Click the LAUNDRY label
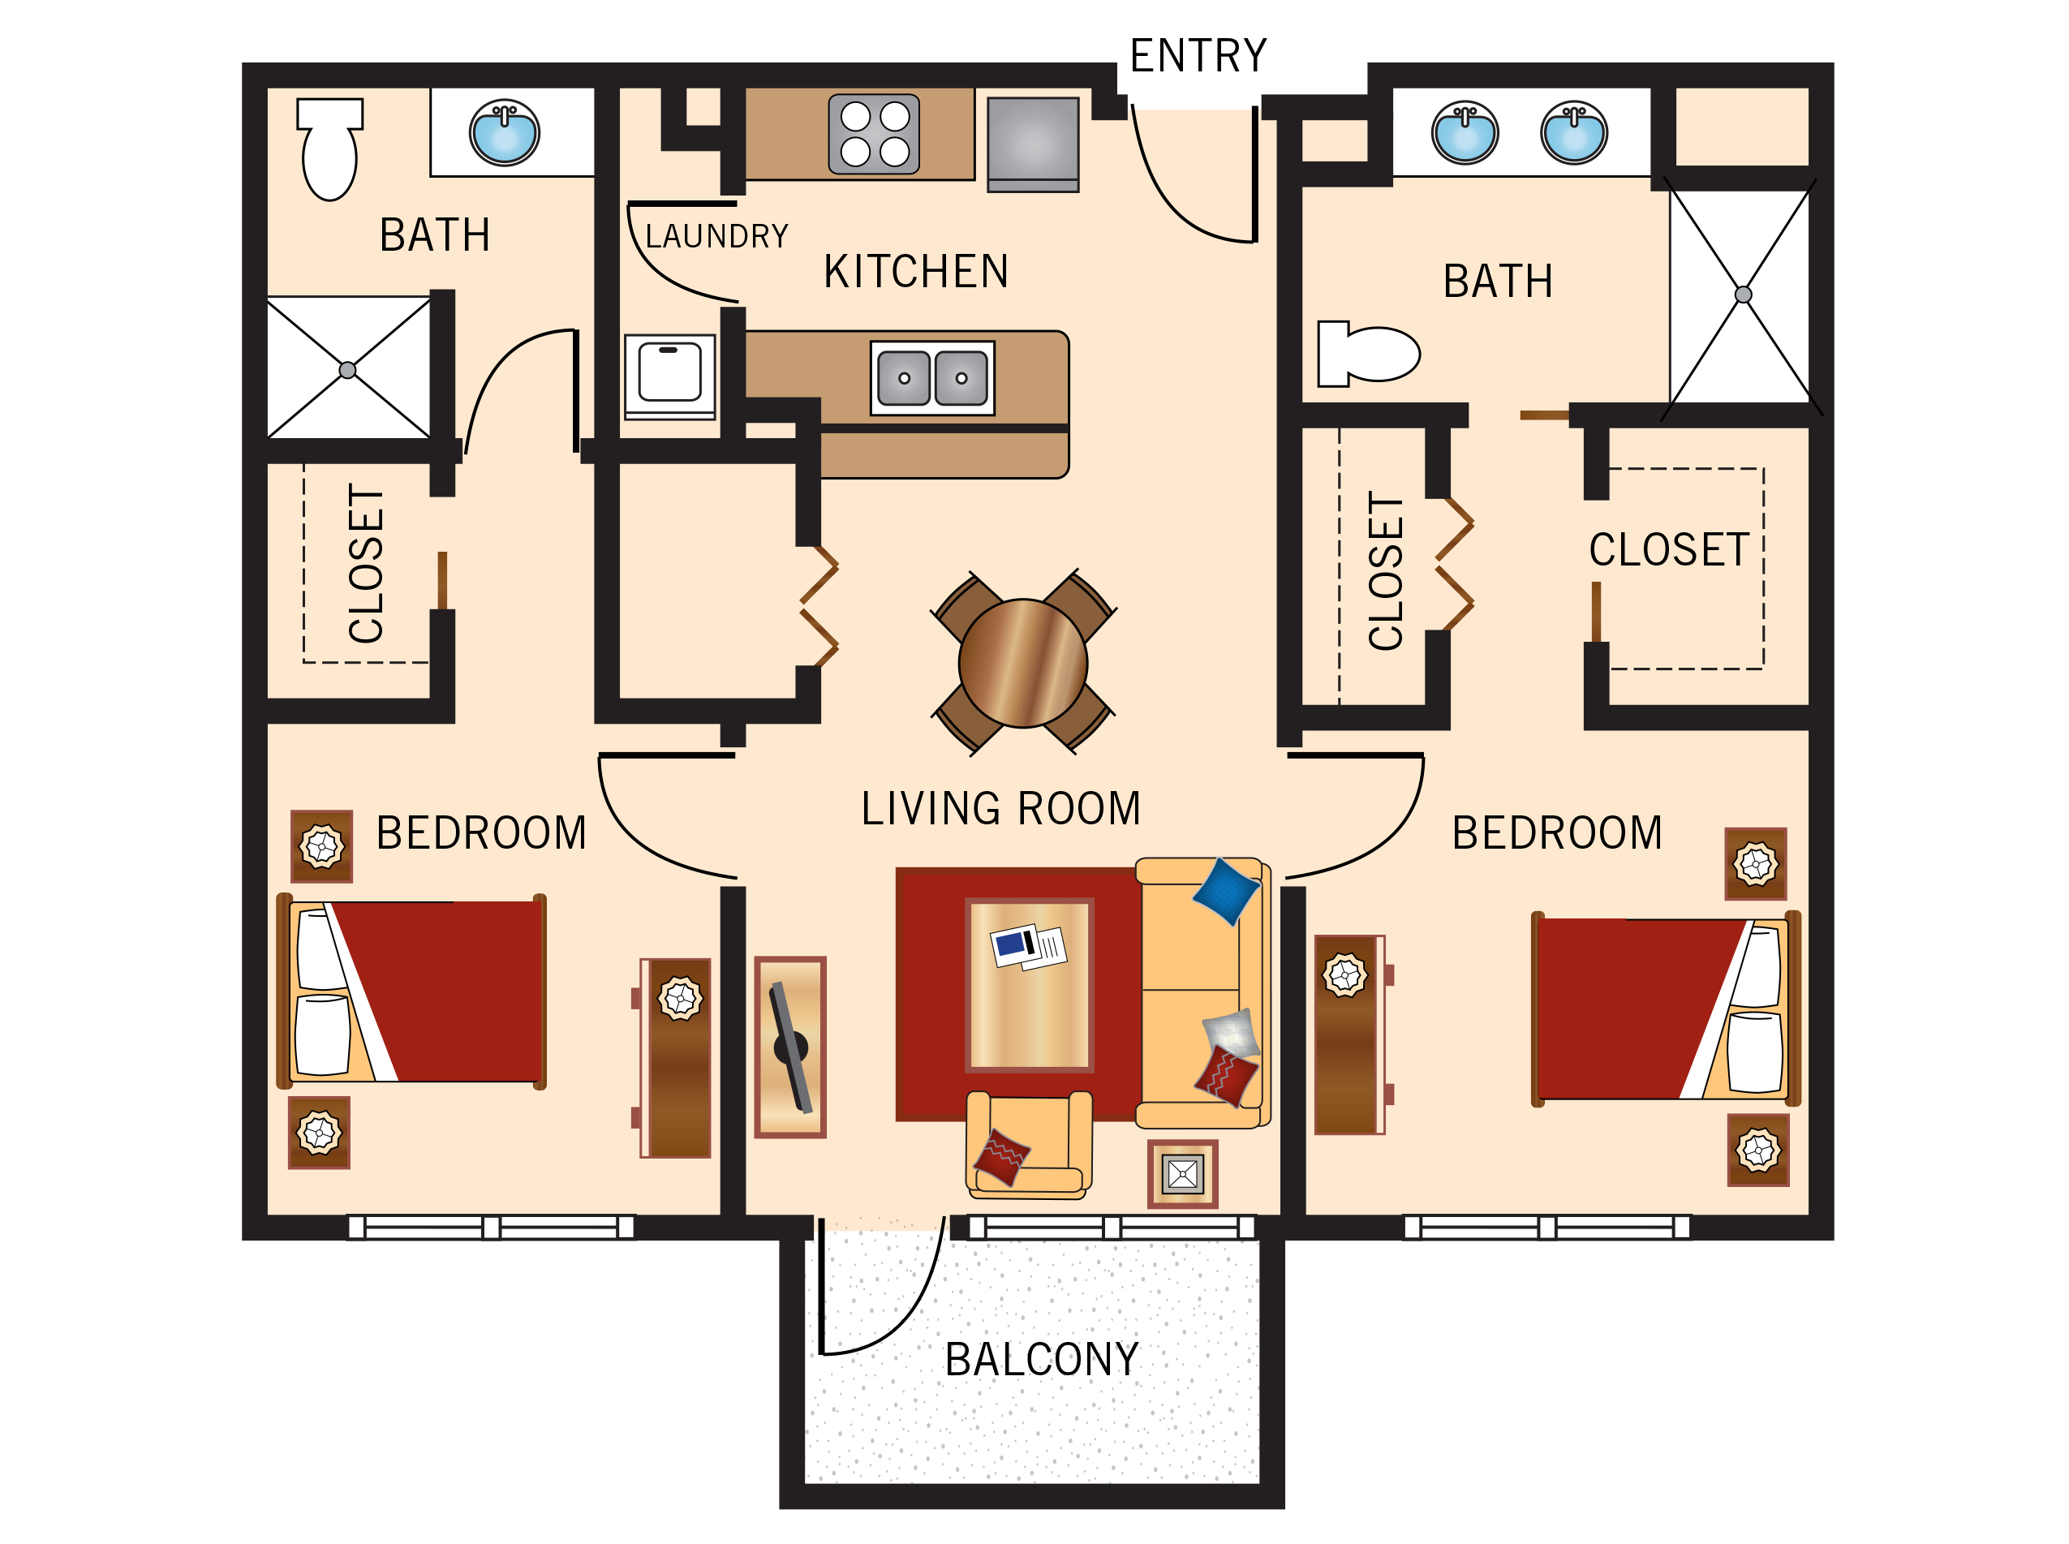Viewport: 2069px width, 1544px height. click(716, 236)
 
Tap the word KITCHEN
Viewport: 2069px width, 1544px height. click(915, 272)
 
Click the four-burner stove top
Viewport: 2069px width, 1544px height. click(874, 134)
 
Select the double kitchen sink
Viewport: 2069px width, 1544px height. click(931, 377)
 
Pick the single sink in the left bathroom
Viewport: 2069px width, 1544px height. click(505, 131)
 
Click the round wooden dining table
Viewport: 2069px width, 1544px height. click(1022, 663)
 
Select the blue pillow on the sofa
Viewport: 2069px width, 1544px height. click(1225, 891)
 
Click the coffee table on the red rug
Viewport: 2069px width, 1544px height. click(1029, 984)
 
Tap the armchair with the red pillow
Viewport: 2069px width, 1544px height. click(1027, 1145)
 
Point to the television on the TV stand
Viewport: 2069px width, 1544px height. click(790, 1047)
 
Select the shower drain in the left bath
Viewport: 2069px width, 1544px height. click(347, 370)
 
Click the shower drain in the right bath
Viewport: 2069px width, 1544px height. click(1742, 295)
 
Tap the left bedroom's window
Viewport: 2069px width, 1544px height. click(491, 1226)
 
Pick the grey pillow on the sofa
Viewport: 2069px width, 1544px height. click(1230, 1033)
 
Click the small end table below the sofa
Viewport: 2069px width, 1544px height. click(1182, 1174)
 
